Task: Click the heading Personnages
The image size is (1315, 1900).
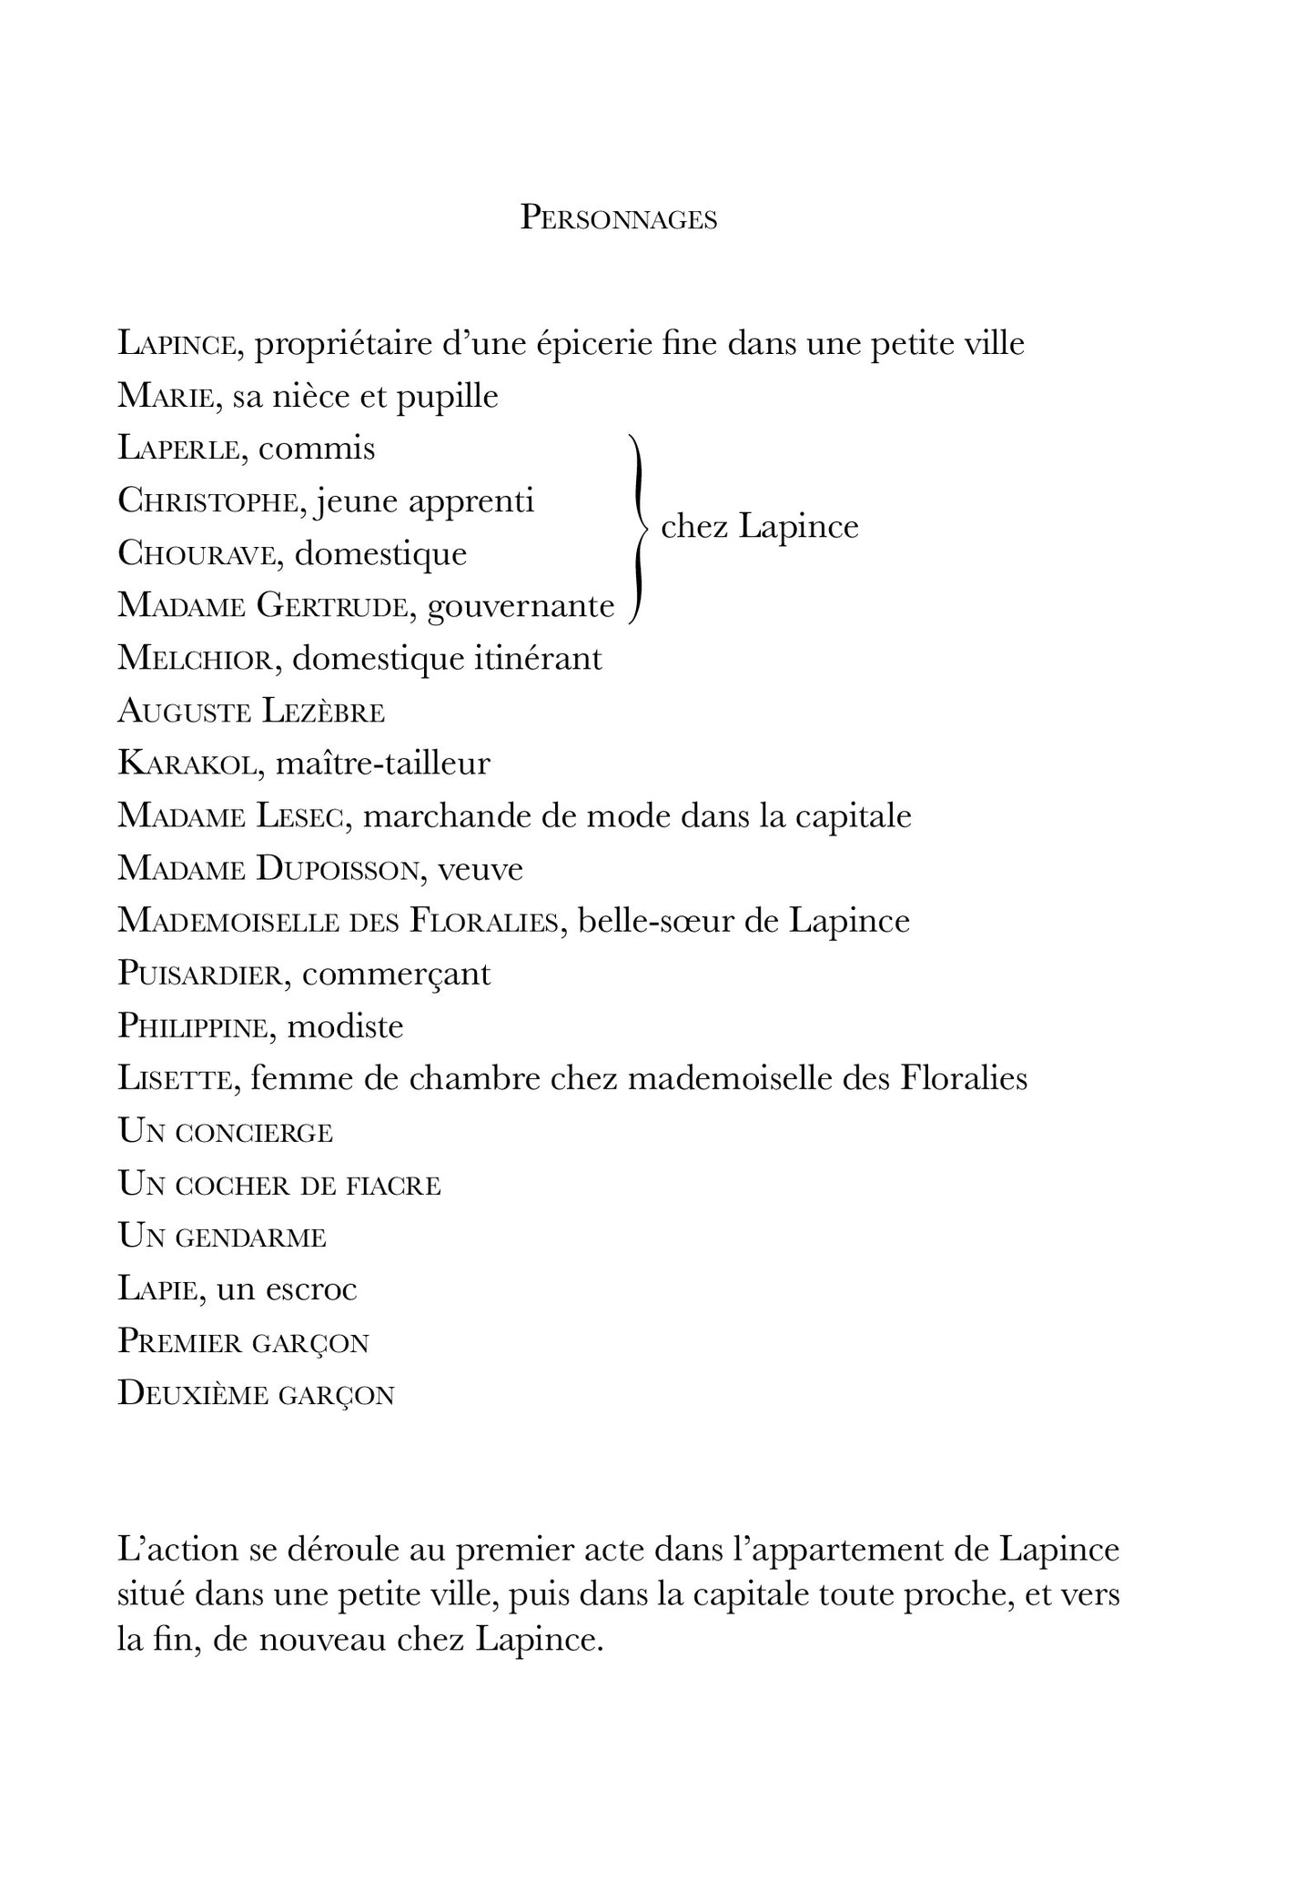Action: [x=618, y=219]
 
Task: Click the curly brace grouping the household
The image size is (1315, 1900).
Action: [x=639, y=528]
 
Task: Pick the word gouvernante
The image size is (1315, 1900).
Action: [x=521, y=606]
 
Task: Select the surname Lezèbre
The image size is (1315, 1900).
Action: [x=323, y=712]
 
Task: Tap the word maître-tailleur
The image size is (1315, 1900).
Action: [x=382, y=763]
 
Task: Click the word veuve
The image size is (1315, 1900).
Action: [x=480, y=869]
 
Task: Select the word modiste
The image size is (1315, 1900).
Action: [x=345, y=1027]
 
